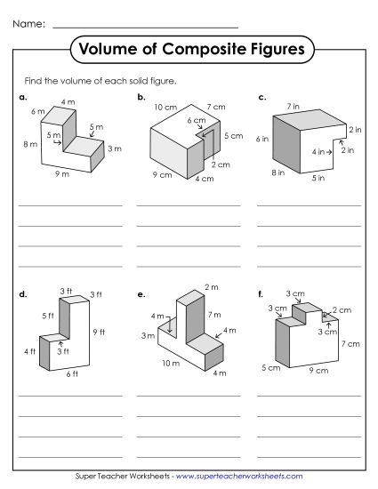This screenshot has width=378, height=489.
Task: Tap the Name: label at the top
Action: point(30,23)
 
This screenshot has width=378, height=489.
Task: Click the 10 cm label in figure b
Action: point(164,108)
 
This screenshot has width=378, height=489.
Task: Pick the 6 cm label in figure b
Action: point(196,119)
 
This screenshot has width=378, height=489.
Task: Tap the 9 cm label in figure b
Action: point(161,174)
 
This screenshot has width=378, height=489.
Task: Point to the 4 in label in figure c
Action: point(318,152)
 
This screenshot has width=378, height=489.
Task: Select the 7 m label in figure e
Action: point(213,315)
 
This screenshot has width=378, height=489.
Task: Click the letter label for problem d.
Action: point(22,293)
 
